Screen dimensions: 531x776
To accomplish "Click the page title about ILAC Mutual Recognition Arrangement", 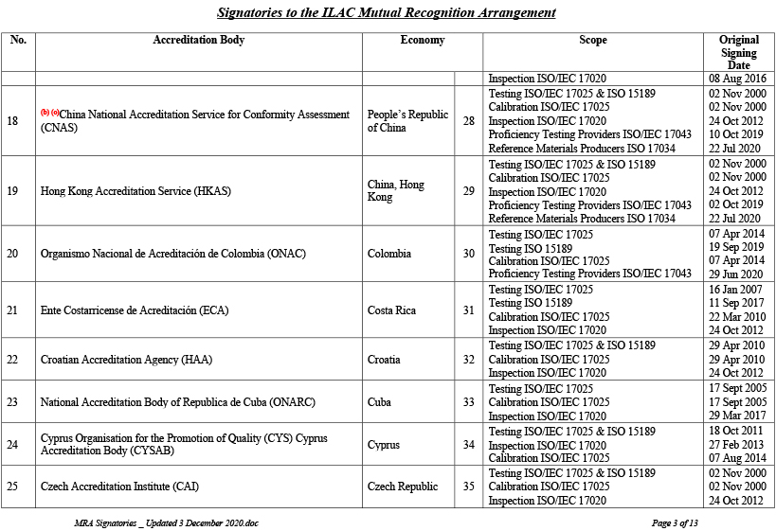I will (387, 13).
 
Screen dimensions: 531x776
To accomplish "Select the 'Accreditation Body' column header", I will (198, 41).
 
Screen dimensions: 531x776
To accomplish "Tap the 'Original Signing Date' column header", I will (738, 53).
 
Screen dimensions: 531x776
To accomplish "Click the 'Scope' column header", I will (593, 41).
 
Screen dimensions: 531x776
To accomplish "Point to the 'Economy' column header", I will (422, 41).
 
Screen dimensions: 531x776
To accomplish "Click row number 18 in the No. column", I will (12, 121).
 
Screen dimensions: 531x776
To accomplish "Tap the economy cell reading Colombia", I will (389, 254).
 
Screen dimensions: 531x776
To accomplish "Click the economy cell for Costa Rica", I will (392, 310).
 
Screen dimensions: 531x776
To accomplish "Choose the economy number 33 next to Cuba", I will (468, 402).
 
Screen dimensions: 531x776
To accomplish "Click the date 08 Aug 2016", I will (736, 80).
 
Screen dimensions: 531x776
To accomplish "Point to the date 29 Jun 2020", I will (735, 274).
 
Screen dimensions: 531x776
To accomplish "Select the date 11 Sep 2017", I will (735, 303).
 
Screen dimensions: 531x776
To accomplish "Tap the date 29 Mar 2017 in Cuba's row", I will (735, 416).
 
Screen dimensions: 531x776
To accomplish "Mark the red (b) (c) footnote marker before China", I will (49, 113).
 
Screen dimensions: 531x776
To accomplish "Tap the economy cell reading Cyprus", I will (384, 445).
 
